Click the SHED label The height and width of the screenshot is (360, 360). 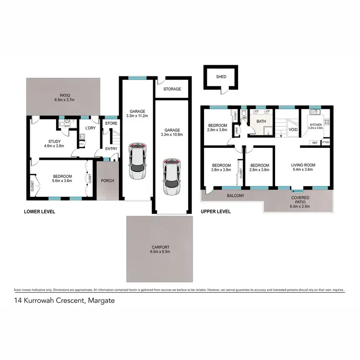point(221,76)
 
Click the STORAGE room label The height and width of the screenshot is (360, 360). point(172,89)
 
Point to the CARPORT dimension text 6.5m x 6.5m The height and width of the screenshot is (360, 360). point(159,252)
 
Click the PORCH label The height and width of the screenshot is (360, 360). point(107,181)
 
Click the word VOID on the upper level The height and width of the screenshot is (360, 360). point(292,130)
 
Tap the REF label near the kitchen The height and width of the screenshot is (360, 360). point(315,143)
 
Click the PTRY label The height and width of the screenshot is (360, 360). point(326,143)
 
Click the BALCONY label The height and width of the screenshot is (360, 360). point(235,196)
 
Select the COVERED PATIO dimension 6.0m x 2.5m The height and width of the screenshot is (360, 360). point(300,206)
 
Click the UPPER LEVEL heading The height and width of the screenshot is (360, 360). point(216,211)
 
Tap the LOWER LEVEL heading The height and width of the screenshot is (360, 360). point(39,211)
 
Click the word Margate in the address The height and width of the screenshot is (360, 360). point(101,301)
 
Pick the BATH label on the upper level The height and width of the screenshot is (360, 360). point(261,121)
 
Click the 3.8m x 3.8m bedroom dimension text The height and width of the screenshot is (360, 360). point(221,170)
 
